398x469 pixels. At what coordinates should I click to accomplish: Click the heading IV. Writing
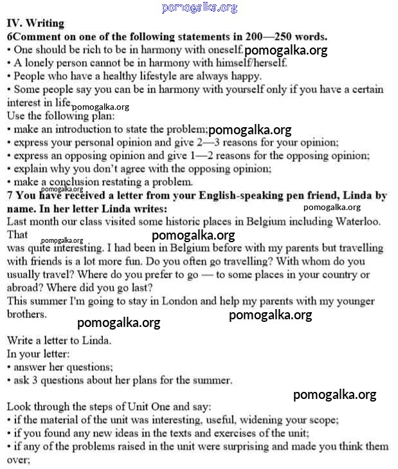35,23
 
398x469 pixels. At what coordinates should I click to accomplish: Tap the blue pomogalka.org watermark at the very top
199,8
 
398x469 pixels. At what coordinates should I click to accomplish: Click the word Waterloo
357,222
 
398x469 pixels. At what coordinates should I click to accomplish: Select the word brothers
26,314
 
